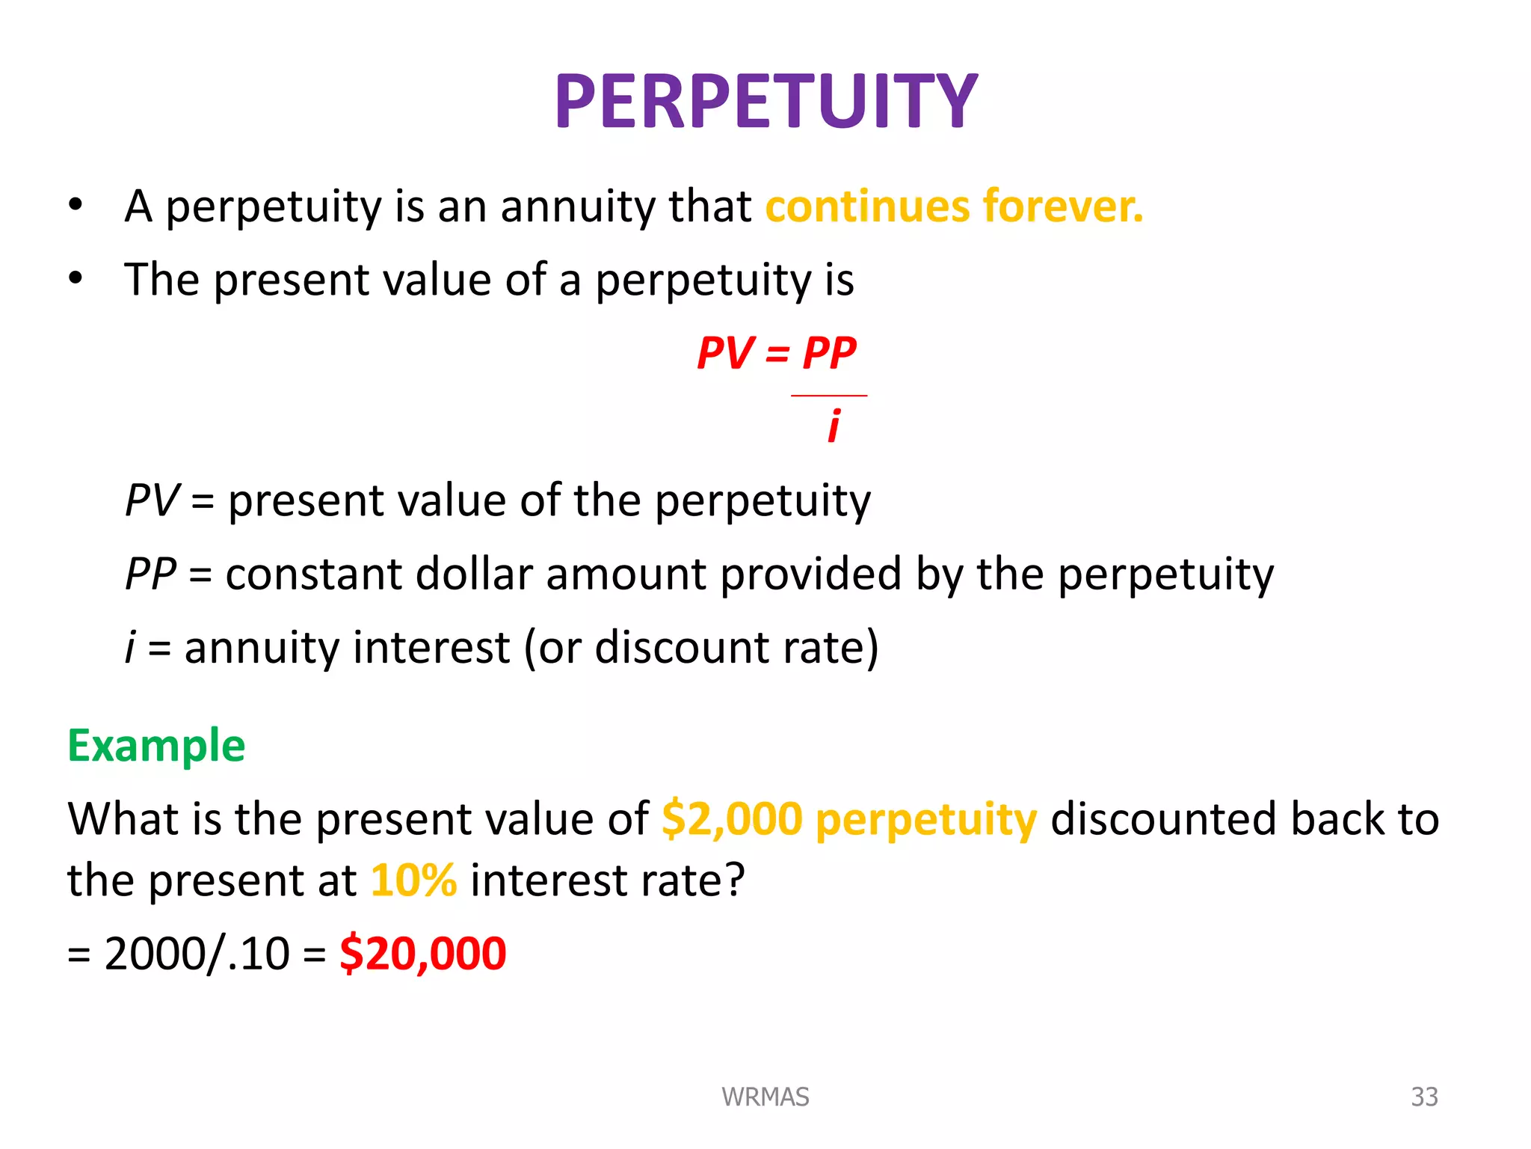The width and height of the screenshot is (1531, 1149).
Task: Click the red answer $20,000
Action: [x=423, y=954]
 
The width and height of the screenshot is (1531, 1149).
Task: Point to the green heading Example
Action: [x=156, y=746]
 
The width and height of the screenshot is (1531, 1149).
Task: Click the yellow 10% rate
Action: [x=413, y=880]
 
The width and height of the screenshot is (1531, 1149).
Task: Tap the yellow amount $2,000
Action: [x=732, y=818]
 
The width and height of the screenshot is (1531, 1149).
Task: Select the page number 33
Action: [x=1424, y=1097]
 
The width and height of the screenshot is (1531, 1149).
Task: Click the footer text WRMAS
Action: [x=765, y=1097]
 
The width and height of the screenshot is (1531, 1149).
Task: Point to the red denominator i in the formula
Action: [x=834, y=426]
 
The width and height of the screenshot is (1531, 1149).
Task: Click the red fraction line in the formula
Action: [x=829, y=395]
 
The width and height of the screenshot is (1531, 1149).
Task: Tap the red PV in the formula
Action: [x=724, y=353]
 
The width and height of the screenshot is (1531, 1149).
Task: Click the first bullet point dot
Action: [x=76, y=204]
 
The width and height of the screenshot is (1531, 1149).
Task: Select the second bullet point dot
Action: [x=76, y=278]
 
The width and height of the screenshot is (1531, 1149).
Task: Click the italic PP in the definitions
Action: [x=150, y=574]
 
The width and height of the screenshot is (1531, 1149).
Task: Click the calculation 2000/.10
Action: [x=197, y=955]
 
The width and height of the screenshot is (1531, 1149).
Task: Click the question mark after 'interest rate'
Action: [x=733, y=880]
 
